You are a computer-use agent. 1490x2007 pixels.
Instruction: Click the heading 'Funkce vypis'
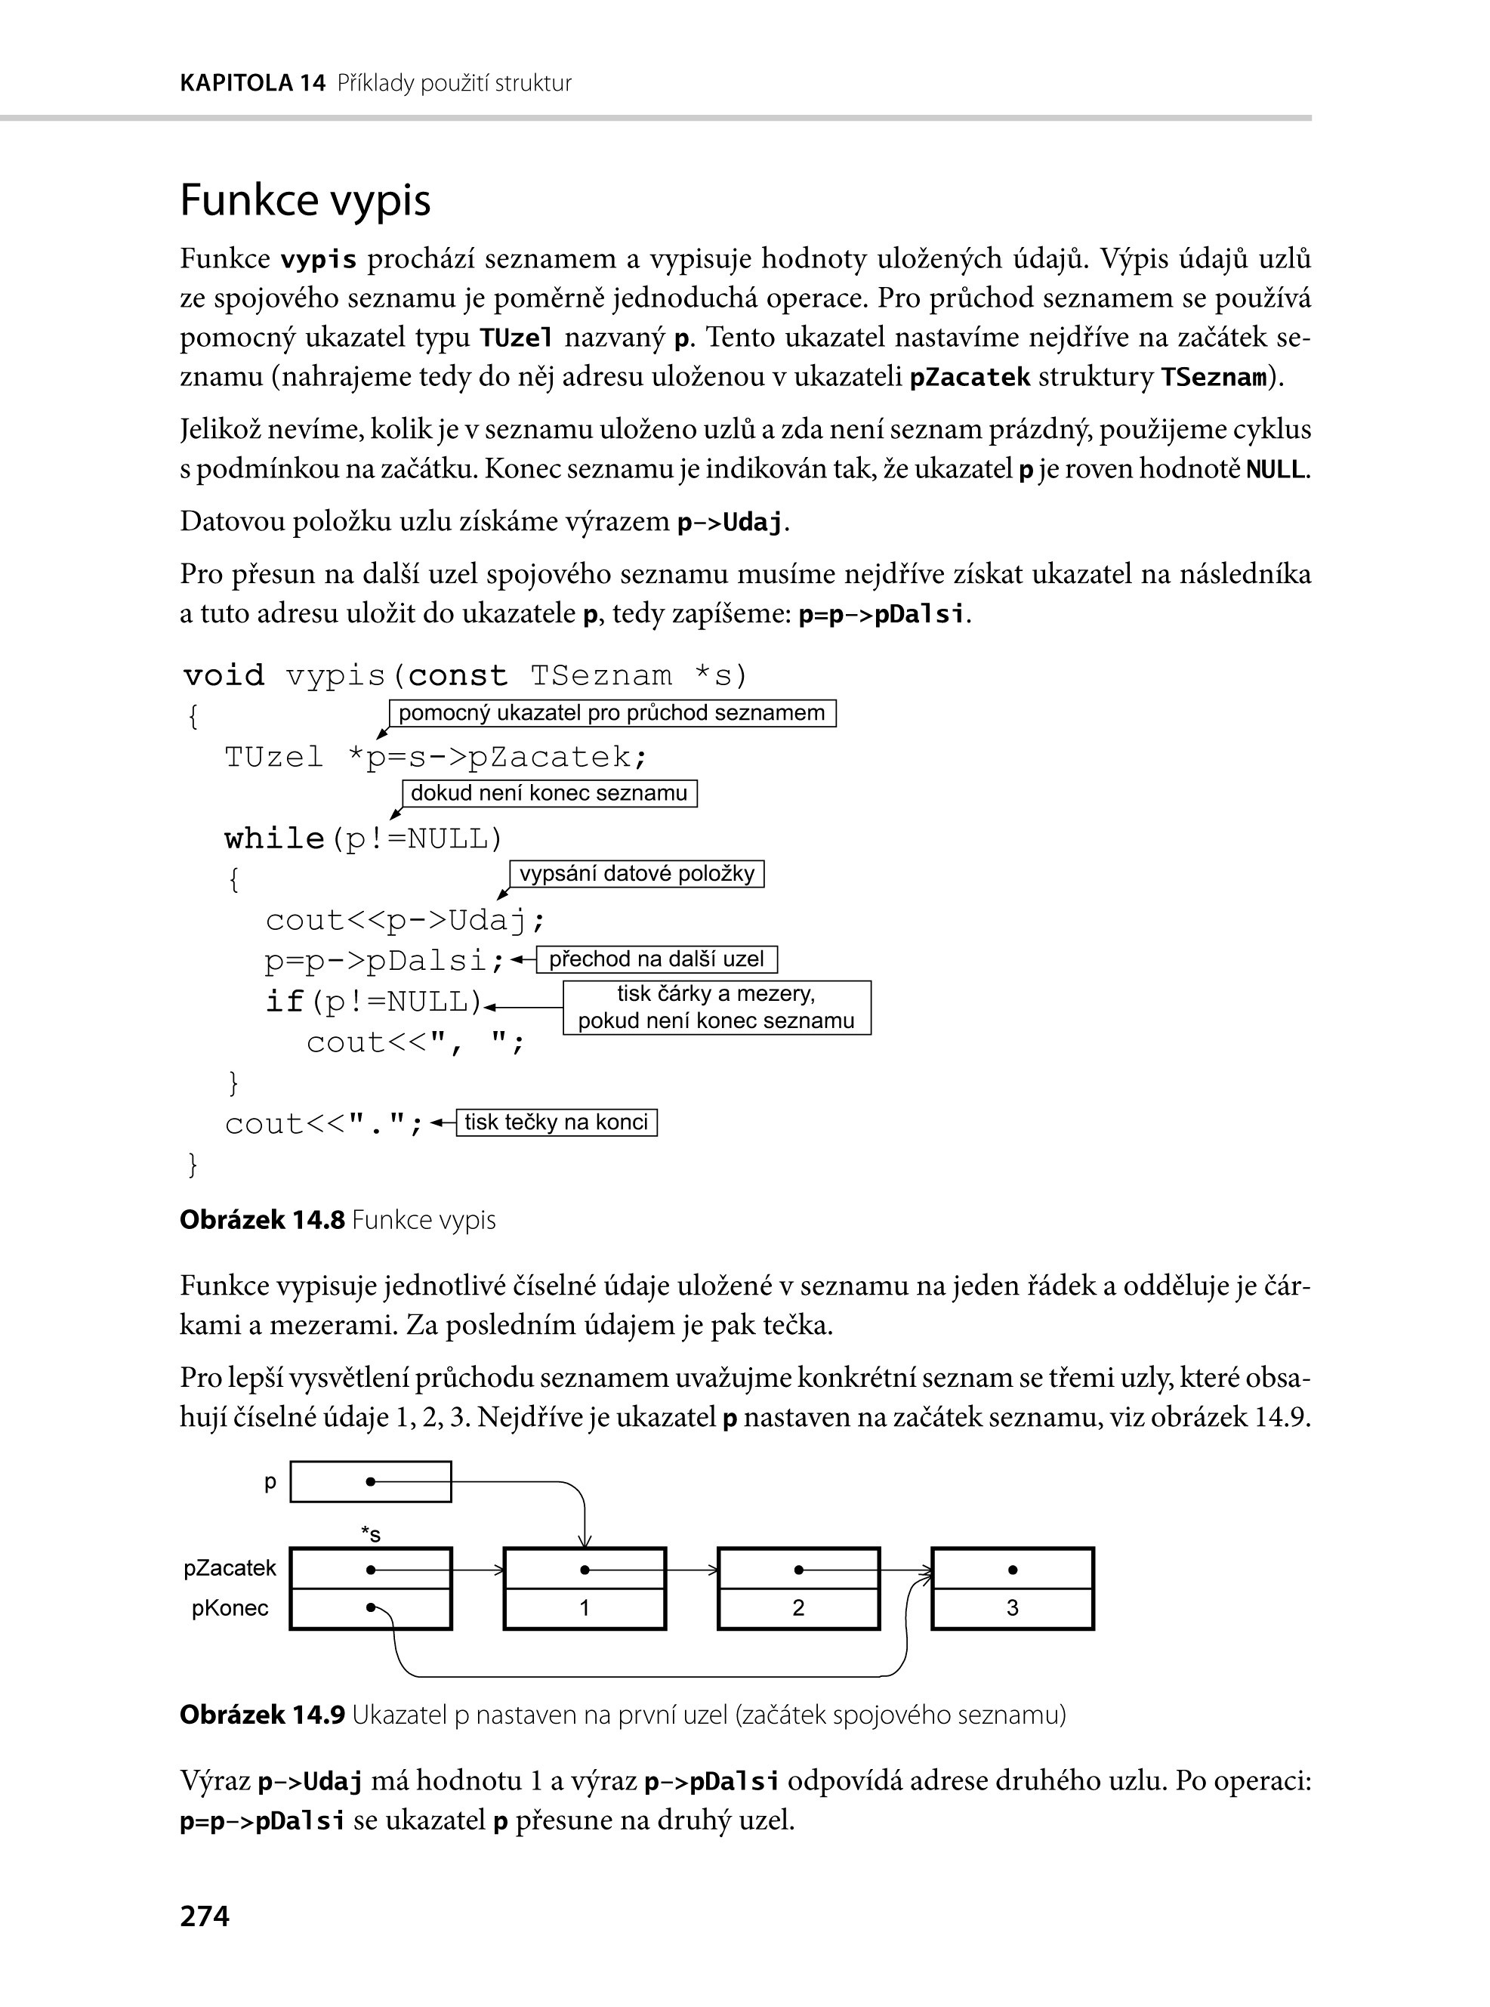(305, 200)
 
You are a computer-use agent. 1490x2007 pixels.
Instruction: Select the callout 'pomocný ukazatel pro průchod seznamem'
(612, 714)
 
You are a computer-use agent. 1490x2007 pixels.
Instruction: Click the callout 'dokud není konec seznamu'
(549, 794)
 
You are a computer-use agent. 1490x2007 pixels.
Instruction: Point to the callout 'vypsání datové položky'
(637, 874)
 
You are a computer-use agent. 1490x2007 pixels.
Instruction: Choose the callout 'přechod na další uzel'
(656, 959)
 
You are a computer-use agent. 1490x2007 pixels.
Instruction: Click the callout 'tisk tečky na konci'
(557, 1122)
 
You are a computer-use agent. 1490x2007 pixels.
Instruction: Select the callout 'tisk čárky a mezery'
(717, 1008)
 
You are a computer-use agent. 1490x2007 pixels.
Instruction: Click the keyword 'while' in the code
(274, 839)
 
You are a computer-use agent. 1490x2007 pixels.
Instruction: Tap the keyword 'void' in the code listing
(224, 675)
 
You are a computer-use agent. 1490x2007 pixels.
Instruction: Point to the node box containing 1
(585, 1589)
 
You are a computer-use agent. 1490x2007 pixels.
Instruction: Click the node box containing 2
(798, 1589)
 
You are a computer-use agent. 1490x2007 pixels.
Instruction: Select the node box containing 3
(1012, 1589)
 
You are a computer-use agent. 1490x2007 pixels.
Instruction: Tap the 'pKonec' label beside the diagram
(230, 1608)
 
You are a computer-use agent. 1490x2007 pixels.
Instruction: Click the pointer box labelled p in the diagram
(371, 1482)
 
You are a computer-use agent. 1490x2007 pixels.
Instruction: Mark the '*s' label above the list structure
(371, 1533)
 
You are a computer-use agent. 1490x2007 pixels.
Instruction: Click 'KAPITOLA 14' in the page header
(252, 84)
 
